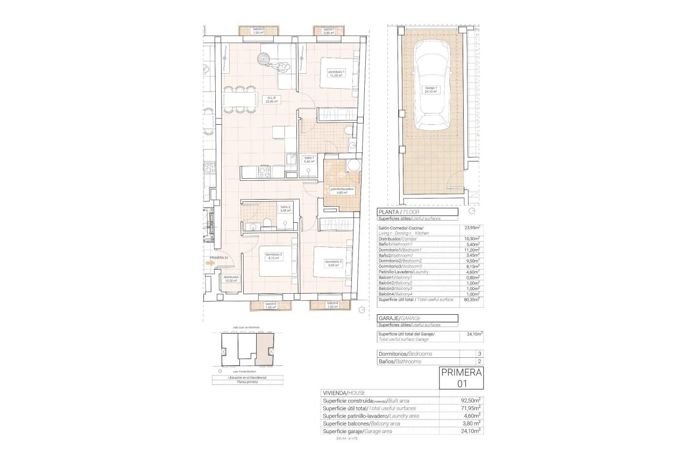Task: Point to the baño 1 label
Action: [x=309, y=159]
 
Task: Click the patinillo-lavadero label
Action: [x=342, y=190]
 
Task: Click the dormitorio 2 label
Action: [x=333, y=263]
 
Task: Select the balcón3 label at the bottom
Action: [x=271, y=305]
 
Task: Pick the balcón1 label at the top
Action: [x=329, y=31]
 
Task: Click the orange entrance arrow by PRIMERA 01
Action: [x=210, y=263]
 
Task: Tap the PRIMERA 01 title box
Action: [x=461, y=377]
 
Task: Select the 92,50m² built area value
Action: [x=472, y=400]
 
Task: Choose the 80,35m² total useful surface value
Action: [x=472, y=300]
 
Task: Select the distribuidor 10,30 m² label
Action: [x=231, y=279]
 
